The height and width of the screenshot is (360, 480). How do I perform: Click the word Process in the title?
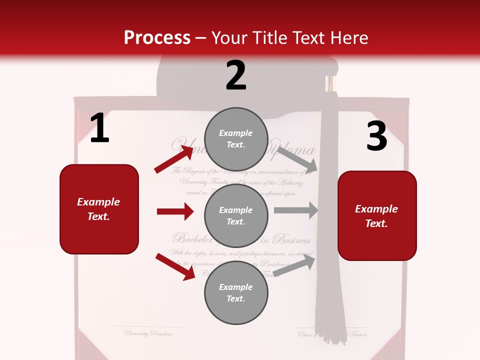tap(157, 38)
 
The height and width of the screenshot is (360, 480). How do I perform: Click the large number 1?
tap(99, 128)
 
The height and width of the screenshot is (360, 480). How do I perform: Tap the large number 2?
tap(236, 75)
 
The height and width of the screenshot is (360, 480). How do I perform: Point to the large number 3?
tap(376, 136)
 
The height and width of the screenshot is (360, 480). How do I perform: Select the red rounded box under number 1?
tap(99, 209)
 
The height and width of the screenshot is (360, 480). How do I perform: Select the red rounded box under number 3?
tap(377, 215)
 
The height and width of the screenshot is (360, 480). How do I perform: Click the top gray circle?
tap(236, 138)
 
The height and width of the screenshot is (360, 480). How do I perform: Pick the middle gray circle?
tap(236, 215)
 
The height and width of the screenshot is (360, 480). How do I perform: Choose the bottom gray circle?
tap(236, 292)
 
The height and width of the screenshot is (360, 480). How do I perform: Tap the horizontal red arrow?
tap(175, 211)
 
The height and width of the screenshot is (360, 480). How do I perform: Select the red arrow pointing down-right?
tap(175, 266)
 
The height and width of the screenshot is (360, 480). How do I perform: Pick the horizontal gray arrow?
tap(295, 210)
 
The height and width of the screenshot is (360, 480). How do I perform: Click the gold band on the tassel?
tap(329, 83)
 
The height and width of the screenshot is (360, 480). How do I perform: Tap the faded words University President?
tap(148, 333)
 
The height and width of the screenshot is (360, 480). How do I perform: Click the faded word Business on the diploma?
tap(292, 239)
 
